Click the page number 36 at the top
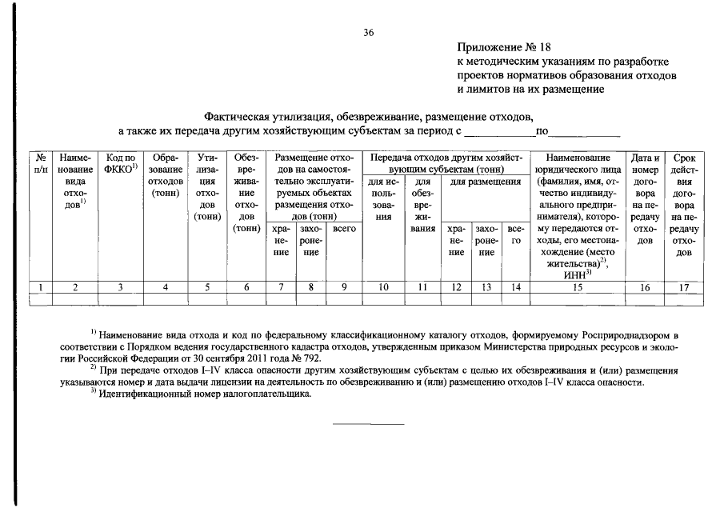tap(368, 33)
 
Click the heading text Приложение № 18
tap(505, 47)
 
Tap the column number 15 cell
tap(576, 287)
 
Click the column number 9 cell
tap(343, 287)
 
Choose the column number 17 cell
tap(684, 287)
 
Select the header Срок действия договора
tap(684, 205)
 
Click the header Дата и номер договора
tap(644, 198)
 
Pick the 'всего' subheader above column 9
tap(343, 228)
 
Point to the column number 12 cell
tap(456, 287)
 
